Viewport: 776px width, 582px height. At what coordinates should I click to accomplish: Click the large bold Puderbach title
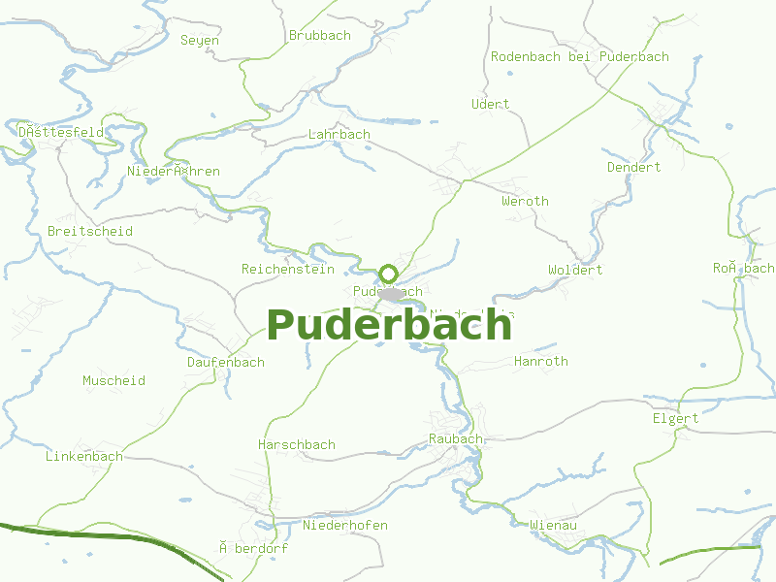point(389,326)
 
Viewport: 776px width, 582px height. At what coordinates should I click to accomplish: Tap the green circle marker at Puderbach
point(389,274)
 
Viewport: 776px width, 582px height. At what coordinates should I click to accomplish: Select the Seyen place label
point(200,41)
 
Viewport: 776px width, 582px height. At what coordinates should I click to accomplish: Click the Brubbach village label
point(320,36)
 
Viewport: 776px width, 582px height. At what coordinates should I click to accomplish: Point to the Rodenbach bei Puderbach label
point(580,57)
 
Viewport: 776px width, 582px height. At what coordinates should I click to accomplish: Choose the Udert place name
point(490,105)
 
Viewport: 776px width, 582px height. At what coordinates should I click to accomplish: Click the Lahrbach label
point(339,135)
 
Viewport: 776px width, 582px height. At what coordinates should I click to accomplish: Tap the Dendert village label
point(633,168)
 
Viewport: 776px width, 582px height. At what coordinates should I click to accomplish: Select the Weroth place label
point(525,202)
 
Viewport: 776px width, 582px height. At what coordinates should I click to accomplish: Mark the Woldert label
point(575,271)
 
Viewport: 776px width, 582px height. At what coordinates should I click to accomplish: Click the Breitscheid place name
point(90,232)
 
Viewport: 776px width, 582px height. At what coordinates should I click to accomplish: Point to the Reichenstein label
point(288,270)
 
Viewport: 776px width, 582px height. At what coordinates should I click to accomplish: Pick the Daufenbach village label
point(226,363)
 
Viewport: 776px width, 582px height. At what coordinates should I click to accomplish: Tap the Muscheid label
point(113,381)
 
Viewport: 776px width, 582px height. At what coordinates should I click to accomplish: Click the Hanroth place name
point(541,362)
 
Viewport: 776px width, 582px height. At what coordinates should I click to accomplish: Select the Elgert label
point(675,419)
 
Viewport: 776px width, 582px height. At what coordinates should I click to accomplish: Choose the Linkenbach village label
point(84,457)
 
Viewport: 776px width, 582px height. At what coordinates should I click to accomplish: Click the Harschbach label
point(297,445)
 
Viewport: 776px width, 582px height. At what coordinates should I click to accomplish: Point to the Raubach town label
point(455,439)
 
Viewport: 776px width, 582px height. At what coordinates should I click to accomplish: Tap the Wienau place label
point(554,526)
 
